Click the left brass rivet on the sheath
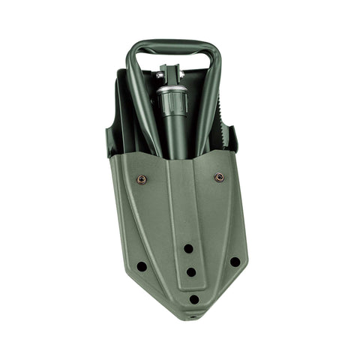[x=141, y=179]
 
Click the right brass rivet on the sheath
[x=219, y=178]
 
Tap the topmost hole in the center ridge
[x=188, y=248]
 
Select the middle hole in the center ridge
[x=190, y=272]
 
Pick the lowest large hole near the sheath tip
[x=194, y=298]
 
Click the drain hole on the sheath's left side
[x=142, y=266]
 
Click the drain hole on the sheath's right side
[x=235, y=262]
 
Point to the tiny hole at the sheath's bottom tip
[x=196, y=316]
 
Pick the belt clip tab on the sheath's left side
[x=111, y=142]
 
